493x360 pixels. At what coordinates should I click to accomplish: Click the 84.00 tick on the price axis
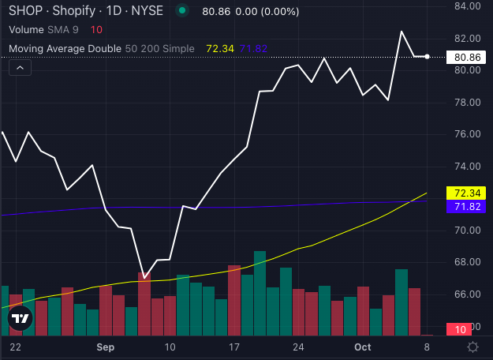(x=468, y=6)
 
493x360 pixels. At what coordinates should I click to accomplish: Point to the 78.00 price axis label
(x=468, y=103)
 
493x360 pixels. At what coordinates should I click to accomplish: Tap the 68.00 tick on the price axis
(x=468, y=262)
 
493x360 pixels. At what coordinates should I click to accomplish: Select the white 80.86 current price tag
(x=468, y=58)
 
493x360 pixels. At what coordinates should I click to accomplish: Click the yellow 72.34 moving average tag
(x=467, y=193)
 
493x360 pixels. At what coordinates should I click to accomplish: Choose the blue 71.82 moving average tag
(x=467, y=206)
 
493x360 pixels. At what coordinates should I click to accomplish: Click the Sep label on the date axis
(x=106, y=347)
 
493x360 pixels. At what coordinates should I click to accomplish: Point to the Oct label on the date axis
(x=362, y=347)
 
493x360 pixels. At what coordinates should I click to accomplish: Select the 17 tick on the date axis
(x=233, y=347)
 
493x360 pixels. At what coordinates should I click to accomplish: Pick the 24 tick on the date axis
(x=297, y=347)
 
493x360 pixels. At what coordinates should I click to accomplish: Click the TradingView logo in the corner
(x=20, y=319)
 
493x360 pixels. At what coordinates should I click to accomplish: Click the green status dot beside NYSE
(x=183, y=11)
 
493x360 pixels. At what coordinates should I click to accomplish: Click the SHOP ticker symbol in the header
(x=24, y=11)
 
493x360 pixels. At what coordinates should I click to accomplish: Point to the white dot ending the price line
(x=427, y=57)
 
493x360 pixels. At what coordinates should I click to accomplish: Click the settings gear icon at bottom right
(x=472, y=347)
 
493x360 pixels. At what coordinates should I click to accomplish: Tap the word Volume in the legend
(x=28, y=29)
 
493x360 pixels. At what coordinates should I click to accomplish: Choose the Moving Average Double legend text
(x=65, y=48)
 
